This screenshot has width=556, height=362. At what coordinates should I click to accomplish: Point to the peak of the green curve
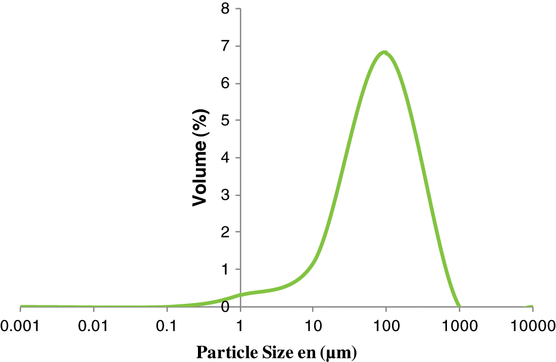point(385,52)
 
